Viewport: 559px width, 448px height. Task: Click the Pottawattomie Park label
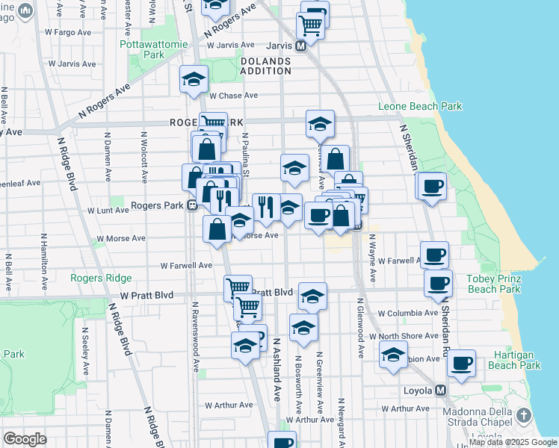point(143,49)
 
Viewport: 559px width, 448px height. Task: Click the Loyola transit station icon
point(441,391)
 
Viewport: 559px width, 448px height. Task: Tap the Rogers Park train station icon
point(192,205)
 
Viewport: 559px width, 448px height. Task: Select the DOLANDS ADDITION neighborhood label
point(265,66)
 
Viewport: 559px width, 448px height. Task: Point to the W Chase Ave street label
point(233,96)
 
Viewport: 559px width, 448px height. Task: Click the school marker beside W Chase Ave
point(194,80)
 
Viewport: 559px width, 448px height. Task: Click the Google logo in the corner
point(25,439)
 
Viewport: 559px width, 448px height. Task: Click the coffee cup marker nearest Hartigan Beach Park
point(461,364)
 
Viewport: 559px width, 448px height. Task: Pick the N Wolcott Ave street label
point(143,156)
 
